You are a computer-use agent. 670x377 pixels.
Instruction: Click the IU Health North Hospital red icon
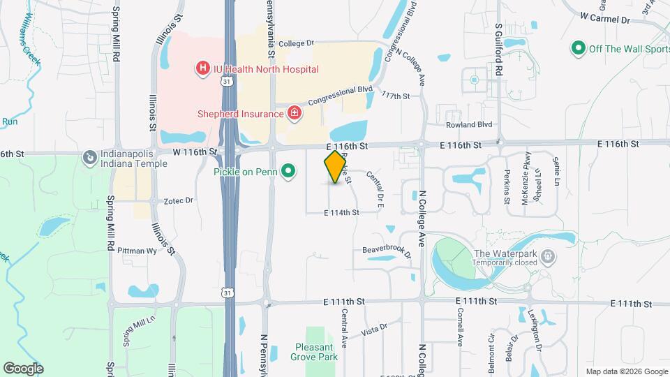[x=202, y=68]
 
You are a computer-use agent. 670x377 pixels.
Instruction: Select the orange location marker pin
[x=336, y=166]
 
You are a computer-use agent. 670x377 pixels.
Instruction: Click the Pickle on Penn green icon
[x=288, y=171]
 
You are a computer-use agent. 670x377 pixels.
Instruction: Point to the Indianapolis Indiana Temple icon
[x=89, y=158]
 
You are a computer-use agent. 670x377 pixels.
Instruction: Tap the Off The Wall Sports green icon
[x=578, y=48]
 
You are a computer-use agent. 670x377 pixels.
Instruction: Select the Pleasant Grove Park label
[x=314, y=352]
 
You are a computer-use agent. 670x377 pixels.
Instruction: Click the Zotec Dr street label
[x=178, y=200]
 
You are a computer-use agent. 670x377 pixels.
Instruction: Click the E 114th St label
[x=341, y=212]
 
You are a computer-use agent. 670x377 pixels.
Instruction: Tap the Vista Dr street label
[x=374, y=328]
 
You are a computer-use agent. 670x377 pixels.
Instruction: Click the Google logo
[x=23, y=368]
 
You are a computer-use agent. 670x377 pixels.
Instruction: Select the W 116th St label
[x=195, y=151]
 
